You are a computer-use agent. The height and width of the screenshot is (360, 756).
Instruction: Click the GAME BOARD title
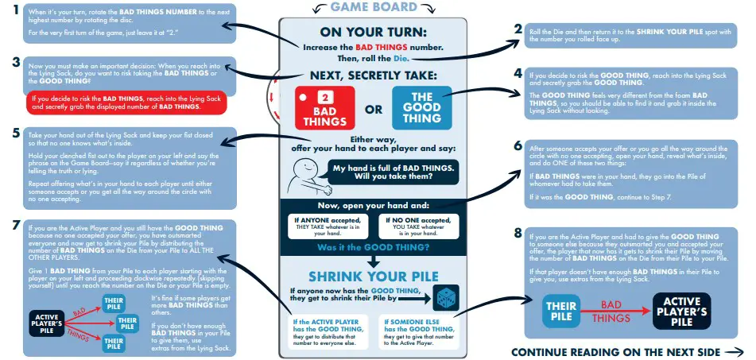pyautogui.click(x=373, y=7)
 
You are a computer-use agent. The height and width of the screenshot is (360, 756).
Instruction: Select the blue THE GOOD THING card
pyautogui.click(x=421, y=108)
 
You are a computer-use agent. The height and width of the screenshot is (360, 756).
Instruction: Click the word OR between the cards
pyautogui.click(x=373, y=111)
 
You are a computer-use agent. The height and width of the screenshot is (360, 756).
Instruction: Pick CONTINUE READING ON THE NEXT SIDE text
pyautogui.click(x=616, y=351)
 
